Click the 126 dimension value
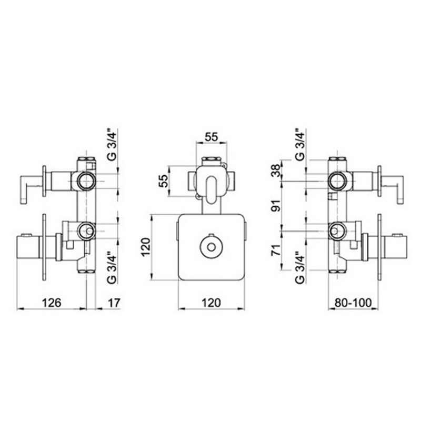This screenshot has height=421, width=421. pos(52,303)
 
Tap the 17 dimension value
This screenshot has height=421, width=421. pos(114,303)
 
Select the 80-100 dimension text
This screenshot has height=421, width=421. pos(353,303)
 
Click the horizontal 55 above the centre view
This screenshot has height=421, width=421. pos(212,137)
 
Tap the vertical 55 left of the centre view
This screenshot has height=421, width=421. pos(163,181)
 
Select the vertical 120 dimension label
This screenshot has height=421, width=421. pos(146,247)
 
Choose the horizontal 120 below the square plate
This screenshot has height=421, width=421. pos(212,303)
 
